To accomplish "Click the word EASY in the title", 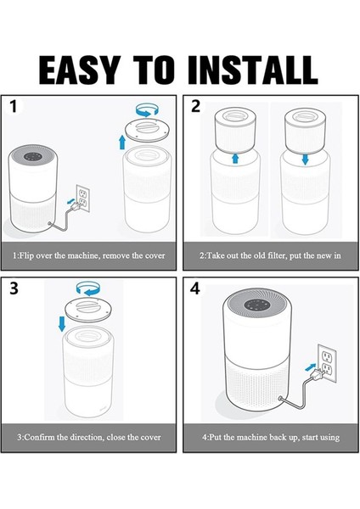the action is coord(79,70).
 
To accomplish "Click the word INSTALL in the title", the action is coord(252,70).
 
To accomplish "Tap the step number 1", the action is coord(13,107).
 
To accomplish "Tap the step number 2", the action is coord(195,107).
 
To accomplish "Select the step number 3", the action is coord(14,288).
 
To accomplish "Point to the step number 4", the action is coord(195,288).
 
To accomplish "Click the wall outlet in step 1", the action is coord(83,199).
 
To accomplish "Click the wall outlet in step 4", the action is coord(327,363).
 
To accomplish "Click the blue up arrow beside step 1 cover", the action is coord(122,143).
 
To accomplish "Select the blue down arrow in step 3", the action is coord(62,324).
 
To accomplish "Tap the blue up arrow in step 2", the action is coord(235,159).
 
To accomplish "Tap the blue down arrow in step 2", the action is coord(305,159).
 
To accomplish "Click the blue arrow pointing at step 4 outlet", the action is coord(311,367).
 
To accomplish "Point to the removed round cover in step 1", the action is coord(147,129).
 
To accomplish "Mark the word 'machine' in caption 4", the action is coord(253,437).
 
